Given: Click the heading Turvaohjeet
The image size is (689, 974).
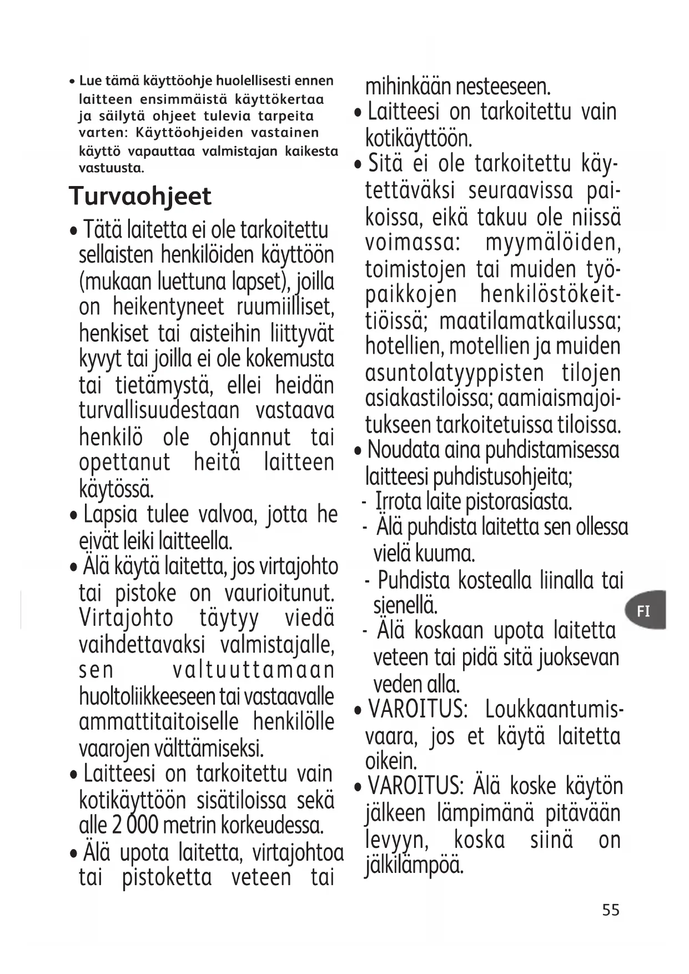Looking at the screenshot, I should point(140,196).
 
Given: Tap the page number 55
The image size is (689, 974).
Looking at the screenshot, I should point(610,910).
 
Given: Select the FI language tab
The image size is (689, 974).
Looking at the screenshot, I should point(643,611).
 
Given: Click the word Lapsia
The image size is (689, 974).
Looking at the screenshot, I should point(110,515).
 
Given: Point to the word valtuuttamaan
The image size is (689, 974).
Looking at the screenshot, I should point(253,670).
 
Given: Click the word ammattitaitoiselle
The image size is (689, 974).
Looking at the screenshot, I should point(158,722).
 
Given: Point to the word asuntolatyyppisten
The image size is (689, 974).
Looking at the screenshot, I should point(454,373).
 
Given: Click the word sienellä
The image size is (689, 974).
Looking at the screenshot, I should point(405,604).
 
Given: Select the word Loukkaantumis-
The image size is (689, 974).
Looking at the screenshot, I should point(554,710).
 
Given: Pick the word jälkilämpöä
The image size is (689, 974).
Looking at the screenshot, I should point(414,865).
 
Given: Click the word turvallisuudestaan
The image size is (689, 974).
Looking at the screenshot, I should point(159,411).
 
